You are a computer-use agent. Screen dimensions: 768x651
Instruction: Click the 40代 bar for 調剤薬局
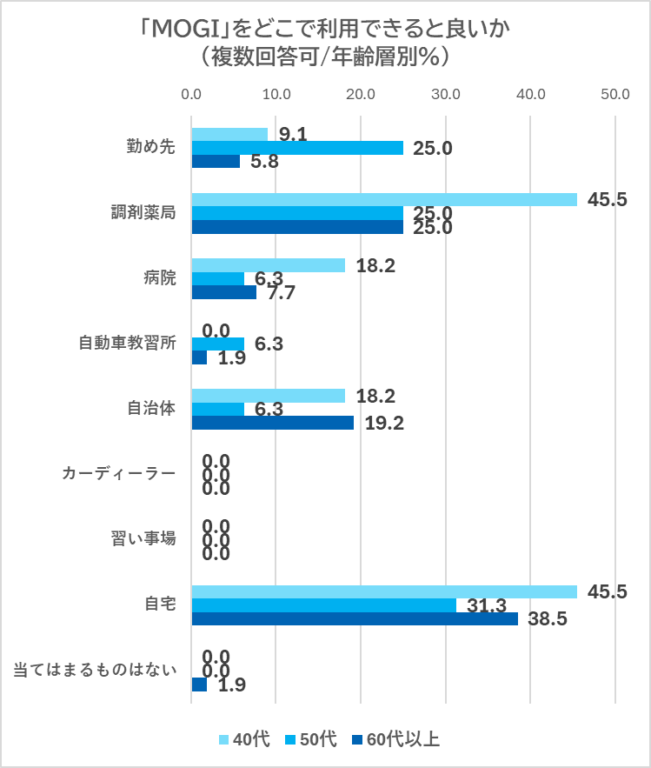click(x=383, y=199)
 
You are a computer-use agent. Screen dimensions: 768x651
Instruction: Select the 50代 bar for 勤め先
click(x=296, y=148)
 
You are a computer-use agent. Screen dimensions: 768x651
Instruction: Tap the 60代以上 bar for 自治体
click(x=272, y=423)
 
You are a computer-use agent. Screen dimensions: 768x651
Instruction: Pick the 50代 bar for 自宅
click(x=323, y=605)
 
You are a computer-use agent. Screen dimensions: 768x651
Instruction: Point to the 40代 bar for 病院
click(x=268, y=265)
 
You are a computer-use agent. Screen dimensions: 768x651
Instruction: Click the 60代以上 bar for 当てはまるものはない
click(x=199, y=685)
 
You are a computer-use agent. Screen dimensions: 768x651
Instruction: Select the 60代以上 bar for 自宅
click(x=354, y=619)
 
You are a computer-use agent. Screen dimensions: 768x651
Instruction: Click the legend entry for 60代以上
click(x=395, y=740)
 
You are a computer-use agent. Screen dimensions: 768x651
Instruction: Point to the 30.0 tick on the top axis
click(x=446, y=93)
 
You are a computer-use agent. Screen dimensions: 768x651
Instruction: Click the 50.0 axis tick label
click(x=615, y=93)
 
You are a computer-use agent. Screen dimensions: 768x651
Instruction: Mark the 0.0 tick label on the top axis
click(x=191, y=93)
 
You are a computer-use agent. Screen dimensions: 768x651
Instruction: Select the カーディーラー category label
click(x=118, y=474)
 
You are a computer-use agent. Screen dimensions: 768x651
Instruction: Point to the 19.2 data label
click(x=381, y=424)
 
